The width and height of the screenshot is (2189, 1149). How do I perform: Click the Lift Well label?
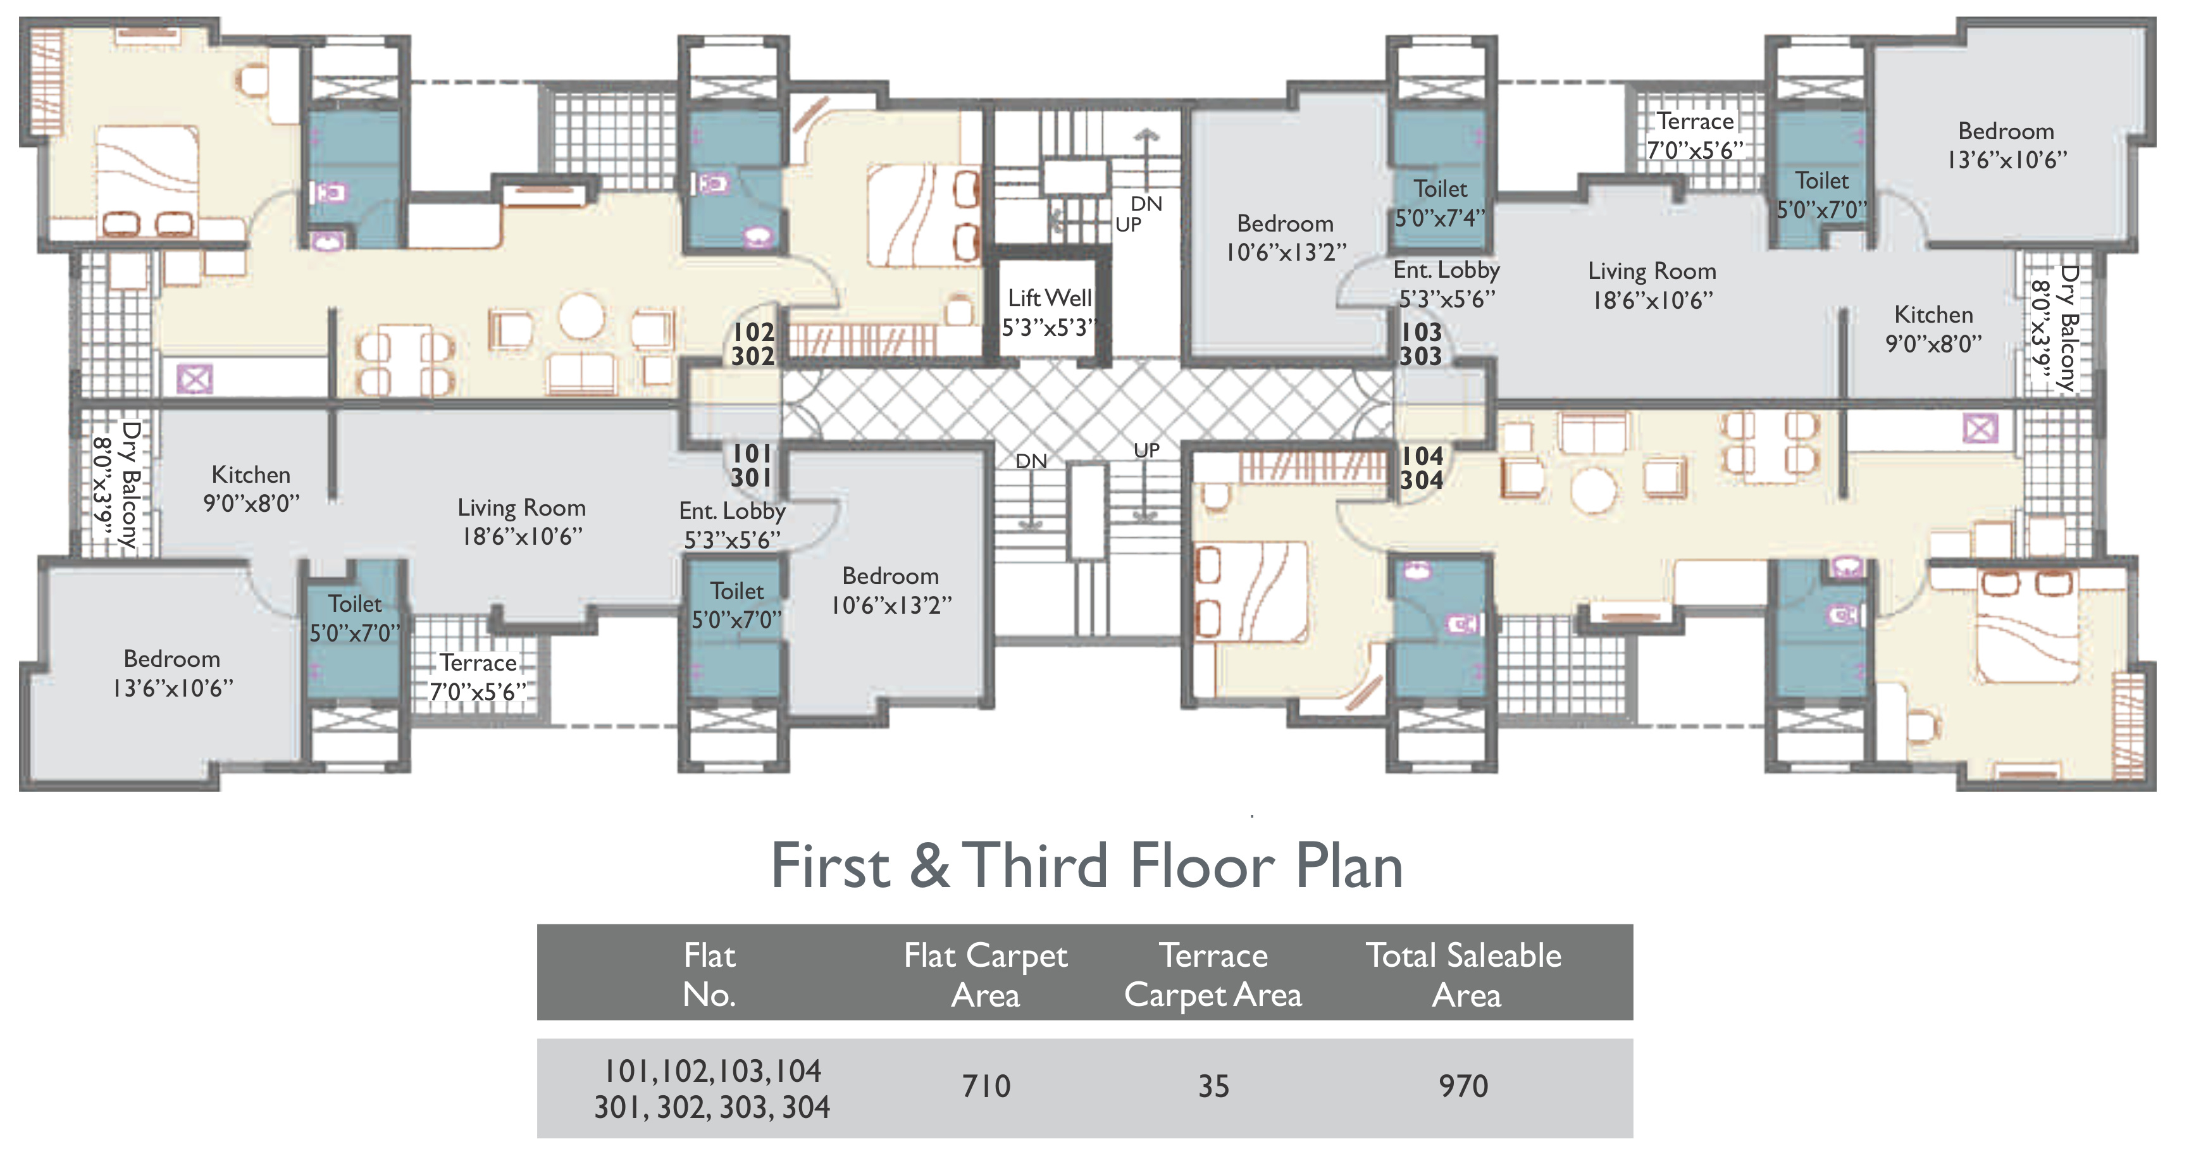(1050, 312)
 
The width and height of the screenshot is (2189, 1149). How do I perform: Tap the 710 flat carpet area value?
(986, 1086)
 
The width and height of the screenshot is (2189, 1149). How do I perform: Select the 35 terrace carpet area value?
(1213, 1086)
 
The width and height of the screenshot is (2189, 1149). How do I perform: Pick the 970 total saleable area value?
(1463, 1086)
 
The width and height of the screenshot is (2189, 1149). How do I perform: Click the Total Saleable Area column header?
(1463, 975)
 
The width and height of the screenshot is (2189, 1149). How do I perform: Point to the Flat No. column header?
(710, 975)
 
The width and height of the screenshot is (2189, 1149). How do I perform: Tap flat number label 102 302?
(753, 344)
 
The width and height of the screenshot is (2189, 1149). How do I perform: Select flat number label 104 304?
(1422, 468)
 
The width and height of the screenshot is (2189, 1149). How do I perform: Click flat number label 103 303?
(1421, 344)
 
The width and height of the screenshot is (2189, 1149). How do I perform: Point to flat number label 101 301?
(752, 466)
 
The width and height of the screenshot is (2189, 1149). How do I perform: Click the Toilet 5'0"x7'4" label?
(1441, 203)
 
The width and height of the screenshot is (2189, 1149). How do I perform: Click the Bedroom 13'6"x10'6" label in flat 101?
(173, 673)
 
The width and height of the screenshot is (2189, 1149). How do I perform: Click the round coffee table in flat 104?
(1593, 490)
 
